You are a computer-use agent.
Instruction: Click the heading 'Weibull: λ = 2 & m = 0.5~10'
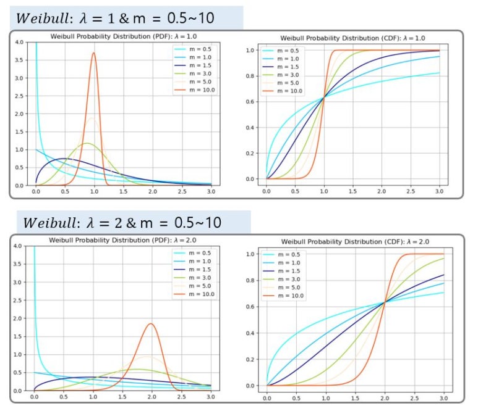[128, 222]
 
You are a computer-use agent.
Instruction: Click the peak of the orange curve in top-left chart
[93, 53]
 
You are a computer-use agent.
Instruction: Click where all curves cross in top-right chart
[323, 97]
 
